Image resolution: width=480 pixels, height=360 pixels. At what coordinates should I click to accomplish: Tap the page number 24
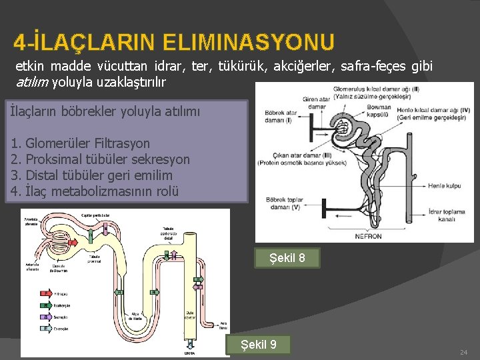465,351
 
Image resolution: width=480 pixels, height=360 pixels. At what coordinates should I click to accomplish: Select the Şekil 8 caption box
287,258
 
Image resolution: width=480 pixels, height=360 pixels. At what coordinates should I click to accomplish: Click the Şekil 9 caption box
259,345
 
